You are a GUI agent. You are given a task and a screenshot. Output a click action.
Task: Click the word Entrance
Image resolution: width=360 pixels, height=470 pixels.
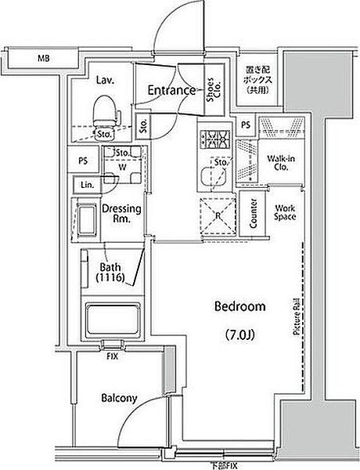pos(171,91)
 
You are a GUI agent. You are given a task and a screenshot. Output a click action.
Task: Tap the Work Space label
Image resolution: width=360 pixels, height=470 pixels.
pos(283,213)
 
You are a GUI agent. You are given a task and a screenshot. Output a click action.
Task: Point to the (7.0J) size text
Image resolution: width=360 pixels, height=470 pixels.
pos(238,337)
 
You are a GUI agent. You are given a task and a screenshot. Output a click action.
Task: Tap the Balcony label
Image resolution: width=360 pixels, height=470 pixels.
pos(119,398)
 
